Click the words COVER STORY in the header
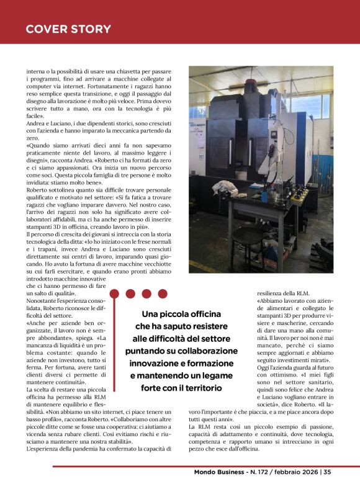[68, 29]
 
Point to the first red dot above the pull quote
[130, 293]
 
